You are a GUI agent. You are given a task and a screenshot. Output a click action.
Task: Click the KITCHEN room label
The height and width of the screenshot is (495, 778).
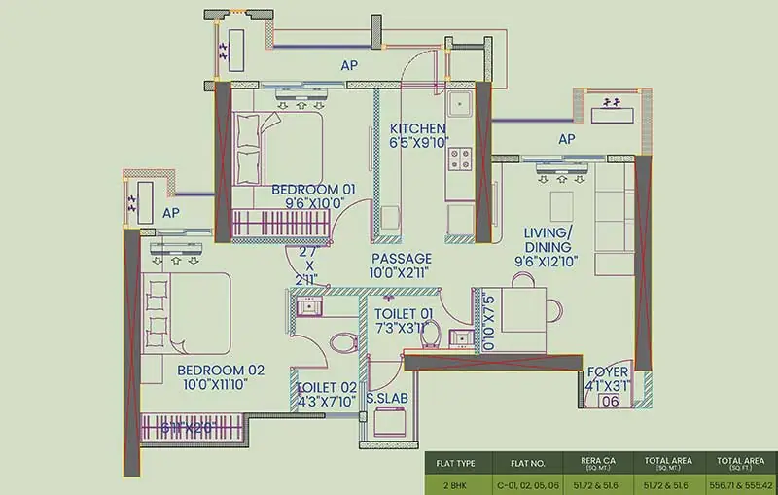click(x=418, y=129)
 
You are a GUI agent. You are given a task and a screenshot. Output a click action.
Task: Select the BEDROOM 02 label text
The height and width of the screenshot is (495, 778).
click(x=221, y=371)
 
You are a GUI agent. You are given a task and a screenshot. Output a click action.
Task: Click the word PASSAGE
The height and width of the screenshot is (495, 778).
click(x=401, y=259)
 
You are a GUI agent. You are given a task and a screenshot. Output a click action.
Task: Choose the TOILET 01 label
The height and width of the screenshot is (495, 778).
click(x=403, y=312)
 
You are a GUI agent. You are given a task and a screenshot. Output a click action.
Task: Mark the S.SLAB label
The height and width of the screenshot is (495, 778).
click(x=386, y=398)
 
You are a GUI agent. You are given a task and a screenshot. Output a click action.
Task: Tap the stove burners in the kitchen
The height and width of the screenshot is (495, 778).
click(x=457, y=155)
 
